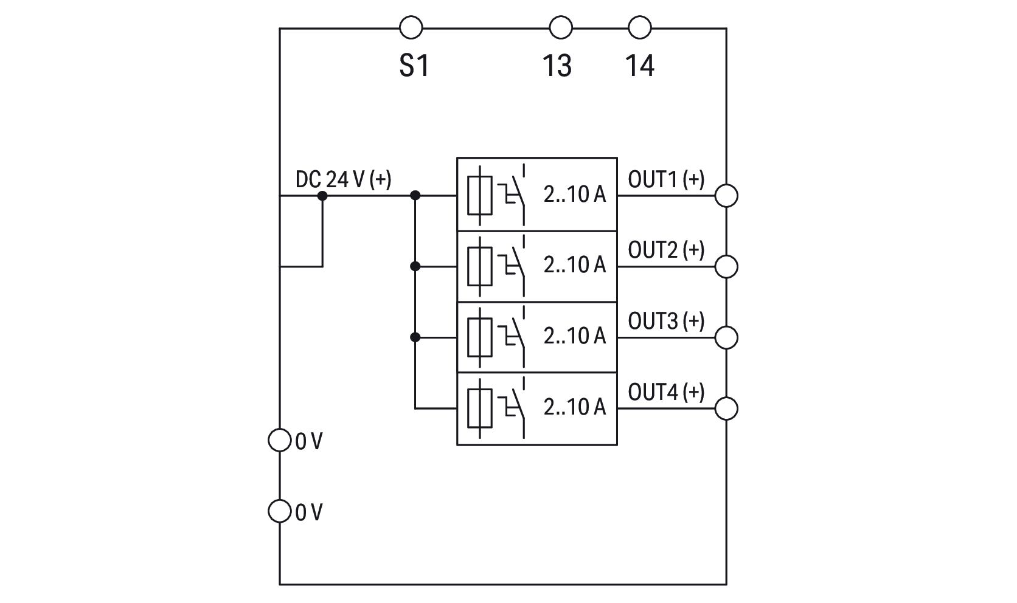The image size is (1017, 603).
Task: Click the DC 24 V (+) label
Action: (343, 179)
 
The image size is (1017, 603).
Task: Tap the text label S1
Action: (414, 66)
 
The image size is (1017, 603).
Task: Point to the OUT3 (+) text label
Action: (666, 321)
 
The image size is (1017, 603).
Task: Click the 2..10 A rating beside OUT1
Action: (575, 194)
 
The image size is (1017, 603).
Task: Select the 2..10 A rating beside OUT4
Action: (575, 407)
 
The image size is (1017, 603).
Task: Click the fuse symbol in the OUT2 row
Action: (480, 266)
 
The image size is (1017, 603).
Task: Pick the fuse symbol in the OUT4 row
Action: (480, 408)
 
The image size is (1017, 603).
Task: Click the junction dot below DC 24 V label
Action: (322, 196)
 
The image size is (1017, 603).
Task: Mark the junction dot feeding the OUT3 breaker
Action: (415, 337)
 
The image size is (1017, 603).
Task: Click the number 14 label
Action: (640, 66)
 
